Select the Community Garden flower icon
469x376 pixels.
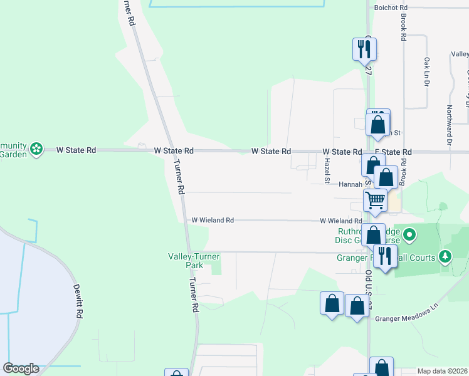37,149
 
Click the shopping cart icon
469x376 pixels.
375,201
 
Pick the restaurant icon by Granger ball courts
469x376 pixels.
384,255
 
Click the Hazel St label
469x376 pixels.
327,170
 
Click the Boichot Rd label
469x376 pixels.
391,8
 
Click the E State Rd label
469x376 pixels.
394,152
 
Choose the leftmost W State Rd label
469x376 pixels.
76,150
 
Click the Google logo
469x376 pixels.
21,368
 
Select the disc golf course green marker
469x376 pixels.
410,236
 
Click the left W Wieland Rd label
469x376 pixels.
213,221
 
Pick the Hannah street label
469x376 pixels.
351,185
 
